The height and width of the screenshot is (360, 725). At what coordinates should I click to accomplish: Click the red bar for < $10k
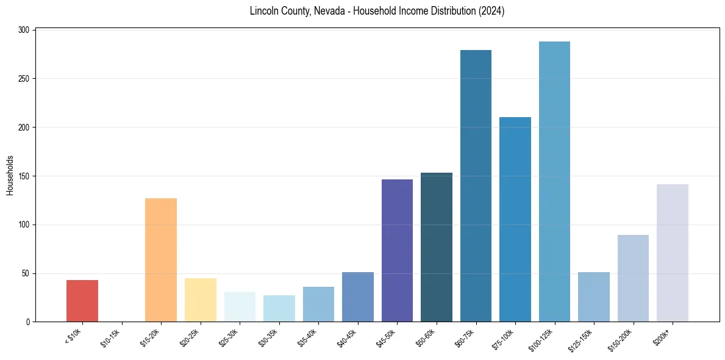pos(82,301)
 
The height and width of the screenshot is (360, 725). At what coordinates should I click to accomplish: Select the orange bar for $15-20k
pos(161,260)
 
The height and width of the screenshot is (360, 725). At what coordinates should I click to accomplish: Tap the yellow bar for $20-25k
pos(201,300)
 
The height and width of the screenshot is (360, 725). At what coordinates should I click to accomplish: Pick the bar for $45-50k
pos(397,250)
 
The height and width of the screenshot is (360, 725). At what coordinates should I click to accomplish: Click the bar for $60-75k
pos(476,186)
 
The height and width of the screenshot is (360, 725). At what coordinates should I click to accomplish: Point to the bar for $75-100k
pos(515,220)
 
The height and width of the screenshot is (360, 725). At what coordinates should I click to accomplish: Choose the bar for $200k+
pos(673,253)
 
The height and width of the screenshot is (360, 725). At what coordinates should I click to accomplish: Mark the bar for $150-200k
pos(633,278)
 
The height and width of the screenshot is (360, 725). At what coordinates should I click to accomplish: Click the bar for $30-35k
pos(279,309)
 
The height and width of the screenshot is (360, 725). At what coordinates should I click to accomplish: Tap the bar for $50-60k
pos(437,247)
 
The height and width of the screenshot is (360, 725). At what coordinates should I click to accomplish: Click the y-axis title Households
pos(10,175)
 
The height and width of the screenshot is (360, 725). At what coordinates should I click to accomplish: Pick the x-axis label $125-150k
pos(582,339)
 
